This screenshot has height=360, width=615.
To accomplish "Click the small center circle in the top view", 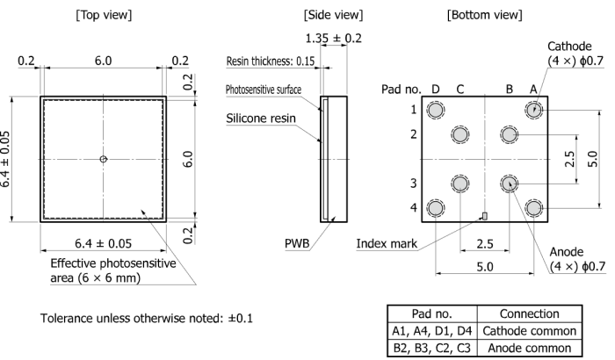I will [103, 159].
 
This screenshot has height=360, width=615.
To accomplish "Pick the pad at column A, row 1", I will [533, 110].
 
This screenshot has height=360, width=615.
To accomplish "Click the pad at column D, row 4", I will [435, 208].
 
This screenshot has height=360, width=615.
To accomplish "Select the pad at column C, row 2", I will [459, 134].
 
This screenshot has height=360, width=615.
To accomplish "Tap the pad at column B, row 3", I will [509, 183].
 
